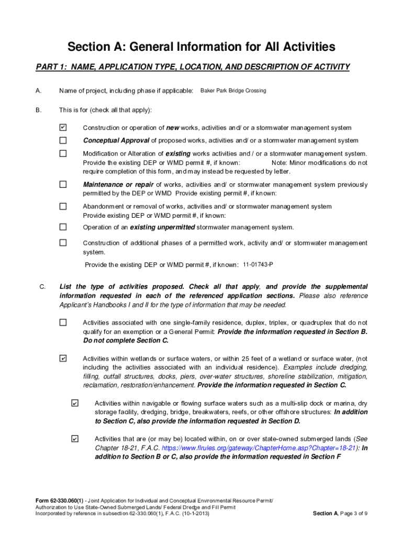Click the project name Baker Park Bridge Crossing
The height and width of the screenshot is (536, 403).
tap(233, 91)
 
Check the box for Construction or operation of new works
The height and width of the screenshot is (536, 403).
tap(63, 128)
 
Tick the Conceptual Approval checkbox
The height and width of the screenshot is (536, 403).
tap(63, 140)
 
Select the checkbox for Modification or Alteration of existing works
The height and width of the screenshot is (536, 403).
tap(63, 154)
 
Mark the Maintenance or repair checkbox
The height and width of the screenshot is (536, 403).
tap(63, 184)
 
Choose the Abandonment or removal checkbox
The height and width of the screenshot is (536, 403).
tap(63, 206)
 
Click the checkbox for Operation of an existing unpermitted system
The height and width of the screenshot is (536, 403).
tap(63, 227)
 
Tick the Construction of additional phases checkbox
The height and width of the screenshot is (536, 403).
tap(63, 243)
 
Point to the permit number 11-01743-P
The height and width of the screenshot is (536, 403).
tap(258, 264)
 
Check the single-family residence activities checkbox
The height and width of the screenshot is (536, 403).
tap(63, 322)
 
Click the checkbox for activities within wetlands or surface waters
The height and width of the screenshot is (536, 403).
tap(63, 359)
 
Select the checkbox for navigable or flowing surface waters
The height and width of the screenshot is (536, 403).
tap(74, 403)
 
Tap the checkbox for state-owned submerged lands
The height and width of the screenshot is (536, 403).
tap(74, 439)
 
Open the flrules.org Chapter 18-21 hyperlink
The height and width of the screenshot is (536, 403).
tap(259, 449)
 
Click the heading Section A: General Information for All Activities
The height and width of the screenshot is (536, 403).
tap(201, 47)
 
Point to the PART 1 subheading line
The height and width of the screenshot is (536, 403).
tap(193, 66)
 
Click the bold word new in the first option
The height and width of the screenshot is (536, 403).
tap(173, 128)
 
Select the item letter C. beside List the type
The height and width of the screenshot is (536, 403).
tap(43, 287)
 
